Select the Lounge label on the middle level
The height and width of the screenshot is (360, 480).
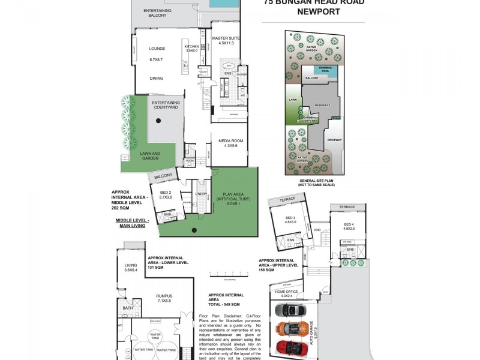pos(157,49)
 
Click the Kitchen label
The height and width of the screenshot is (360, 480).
pos(191,47)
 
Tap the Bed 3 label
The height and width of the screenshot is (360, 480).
pos(290,219)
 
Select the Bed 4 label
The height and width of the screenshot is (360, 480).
pos(349,226)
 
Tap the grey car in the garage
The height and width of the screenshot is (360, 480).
pos(290,310)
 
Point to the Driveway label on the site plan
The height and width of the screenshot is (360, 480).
pos(334,140)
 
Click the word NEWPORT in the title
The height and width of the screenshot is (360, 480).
pos(314,11)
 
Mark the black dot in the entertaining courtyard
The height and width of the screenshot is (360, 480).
pos(158,121)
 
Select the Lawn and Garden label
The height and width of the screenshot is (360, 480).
pos(151,155)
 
